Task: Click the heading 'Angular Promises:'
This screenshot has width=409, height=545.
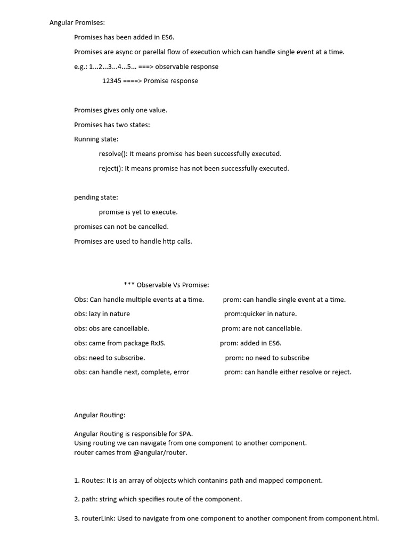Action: tap(77, 23)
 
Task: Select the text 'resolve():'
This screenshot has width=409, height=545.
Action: tap(113, 154)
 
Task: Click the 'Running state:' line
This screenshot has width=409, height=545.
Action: tap(96, 139)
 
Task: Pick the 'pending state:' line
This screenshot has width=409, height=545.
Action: tap(96, 197)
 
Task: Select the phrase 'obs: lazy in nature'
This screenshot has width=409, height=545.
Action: tap(102, 314)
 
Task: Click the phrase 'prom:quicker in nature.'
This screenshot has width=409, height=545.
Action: tap(260, 314)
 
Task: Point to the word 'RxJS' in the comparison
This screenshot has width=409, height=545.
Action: tap(158, 343)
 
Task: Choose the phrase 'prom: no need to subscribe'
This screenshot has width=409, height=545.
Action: tap(267, 358)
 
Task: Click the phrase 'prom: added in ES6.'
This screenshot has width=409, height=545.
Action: tap(250, 343)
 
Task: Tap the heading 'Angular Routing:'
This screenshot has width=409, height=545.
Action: tap(100, 415)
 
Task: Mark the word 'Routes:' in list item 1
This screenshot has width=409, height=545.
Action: tap(93, 481)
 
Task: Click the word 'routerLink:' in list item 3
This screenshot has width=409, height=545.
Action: tap(99, 519)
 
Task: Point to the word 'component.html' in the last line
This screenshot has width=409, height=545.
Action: tap(351, 519)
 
